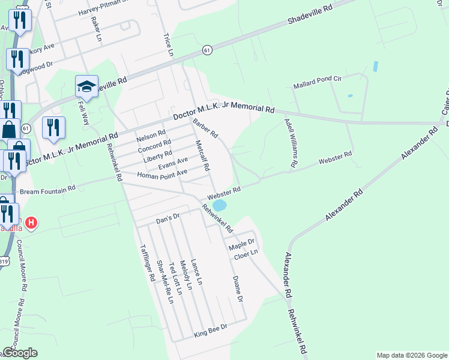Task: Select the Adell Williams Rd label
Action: (291, 143)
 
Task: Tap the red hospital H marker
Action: (32, 223)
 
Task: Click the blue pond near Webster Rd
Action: (220, 205)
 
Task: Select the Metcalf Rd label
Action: (202, 155)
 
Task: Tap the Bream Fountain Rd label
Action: (48, 189)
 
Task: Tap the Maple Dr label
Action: (241, 245)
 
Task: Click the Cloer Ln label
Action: (245, 254)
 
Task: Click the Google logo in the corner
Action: (20, 353)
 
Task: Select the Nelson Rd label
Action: (151, 135)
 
